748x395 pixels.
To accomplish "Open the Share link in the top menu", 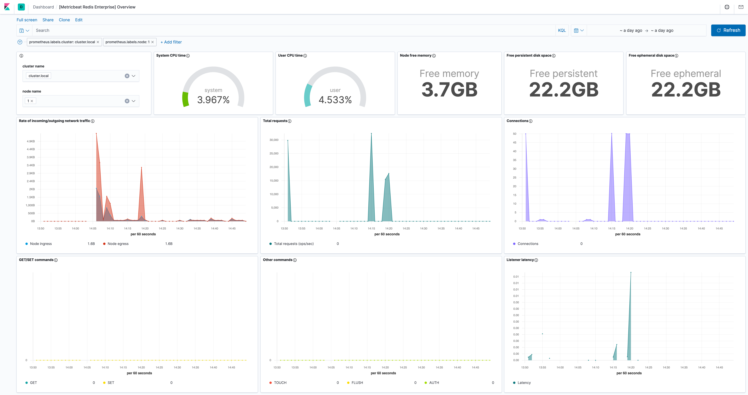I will [x=48, y=20].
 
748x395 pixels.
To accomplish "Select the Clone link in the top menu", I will [x=64, y=20].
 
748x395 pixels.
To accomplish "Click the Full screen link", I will [x=27, y=20].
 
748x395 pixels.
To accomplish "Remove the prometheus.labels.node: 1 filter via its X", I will [x=152, y=42].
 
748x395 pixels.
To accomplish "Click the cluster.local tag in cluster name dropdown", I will [x=38, y=76].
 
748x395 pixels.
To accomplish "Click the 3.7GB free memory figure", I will [x=449, y=90].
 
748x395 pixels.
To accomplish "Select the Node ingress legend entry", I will [x=41, y=244].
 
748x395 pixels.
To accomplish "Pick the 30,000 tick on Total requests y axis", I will [x=274, y=140].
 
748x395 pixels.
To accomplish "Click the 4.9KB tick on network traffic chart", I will [x=31, y=141].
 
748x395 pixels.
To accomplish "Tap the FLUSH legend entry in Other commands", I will [x=357, y=383].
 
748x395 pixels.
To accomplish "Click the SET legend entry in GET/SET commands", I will [x=111, y=383].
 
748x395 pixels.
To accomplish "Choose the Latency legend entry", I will [x=524, y=383].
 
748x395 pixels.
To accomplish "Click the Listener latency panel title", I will [x=520, y=260].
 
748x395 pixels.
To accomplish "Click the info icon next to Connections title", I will [x=530, y=121].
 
